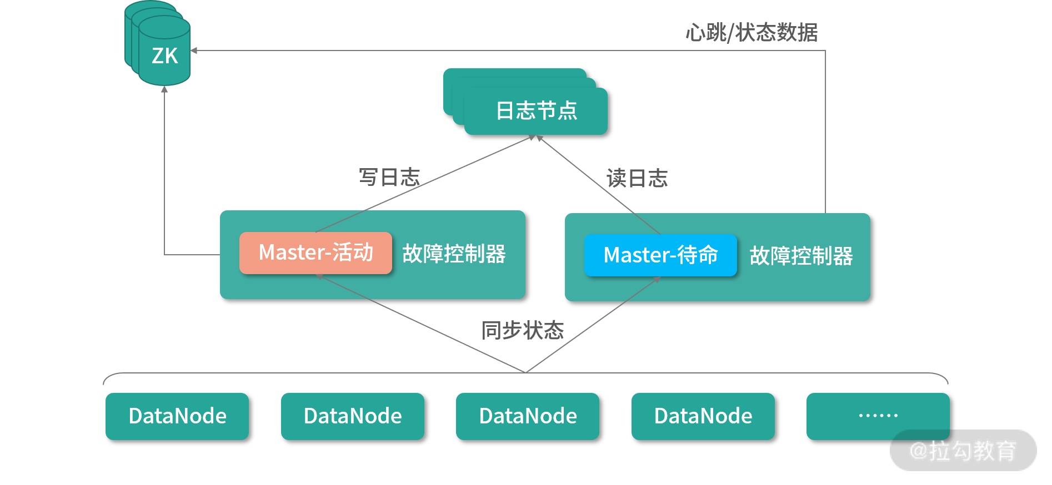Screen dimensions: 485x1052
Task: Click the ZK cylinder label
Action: click(x=164, y=55)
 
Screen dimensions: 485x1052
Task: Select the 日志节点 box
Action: click(x=536, y=110)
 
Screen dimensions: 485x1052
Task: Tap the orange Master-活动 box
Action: click(x=315, y=252)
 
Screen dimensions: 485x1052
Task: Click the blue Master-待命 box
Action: click(x=660, y=255)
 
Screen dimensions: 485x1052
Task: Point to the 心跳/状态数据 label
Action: click(x=752, y=32)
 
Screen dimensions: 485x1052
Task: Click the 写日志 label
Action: click(x=389, y=177)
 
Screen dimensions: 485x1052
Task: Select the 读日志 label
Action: click(x=637, y=178)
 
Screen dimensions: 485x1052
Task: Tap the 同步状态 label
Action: click(x=522, y=330)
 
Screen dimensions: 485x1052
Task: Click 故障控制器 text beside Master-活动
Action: click(x=454, y=254)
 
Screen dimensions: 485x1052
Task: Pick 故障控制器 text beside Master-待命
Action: click(x=801, y=256)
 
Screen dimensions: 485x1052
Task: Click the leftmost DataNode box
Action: click(x=177, y=416)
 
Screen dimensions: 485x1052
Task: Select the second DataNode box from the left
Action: click(x=353, y=416)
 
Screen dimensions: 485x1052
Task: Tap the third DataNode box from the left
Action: click(x=528, y=416)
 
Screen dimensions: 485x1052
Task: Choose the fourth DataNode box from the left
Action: click(x=703, y=416)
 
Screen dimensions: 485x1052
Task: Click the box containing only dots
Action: click(x=878, y=416)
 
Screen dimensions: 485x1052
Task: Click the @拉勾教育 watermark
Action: click(x=963, y=450)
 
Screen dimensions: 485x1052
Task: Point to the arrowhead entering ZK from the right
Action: click(x=194, y=50)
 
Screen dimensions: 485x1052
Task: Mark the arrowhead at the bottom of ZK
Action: click(x=164, y=89)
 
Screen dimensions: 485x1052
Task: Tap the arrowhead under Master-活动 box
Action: click(x=320, y=276)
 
